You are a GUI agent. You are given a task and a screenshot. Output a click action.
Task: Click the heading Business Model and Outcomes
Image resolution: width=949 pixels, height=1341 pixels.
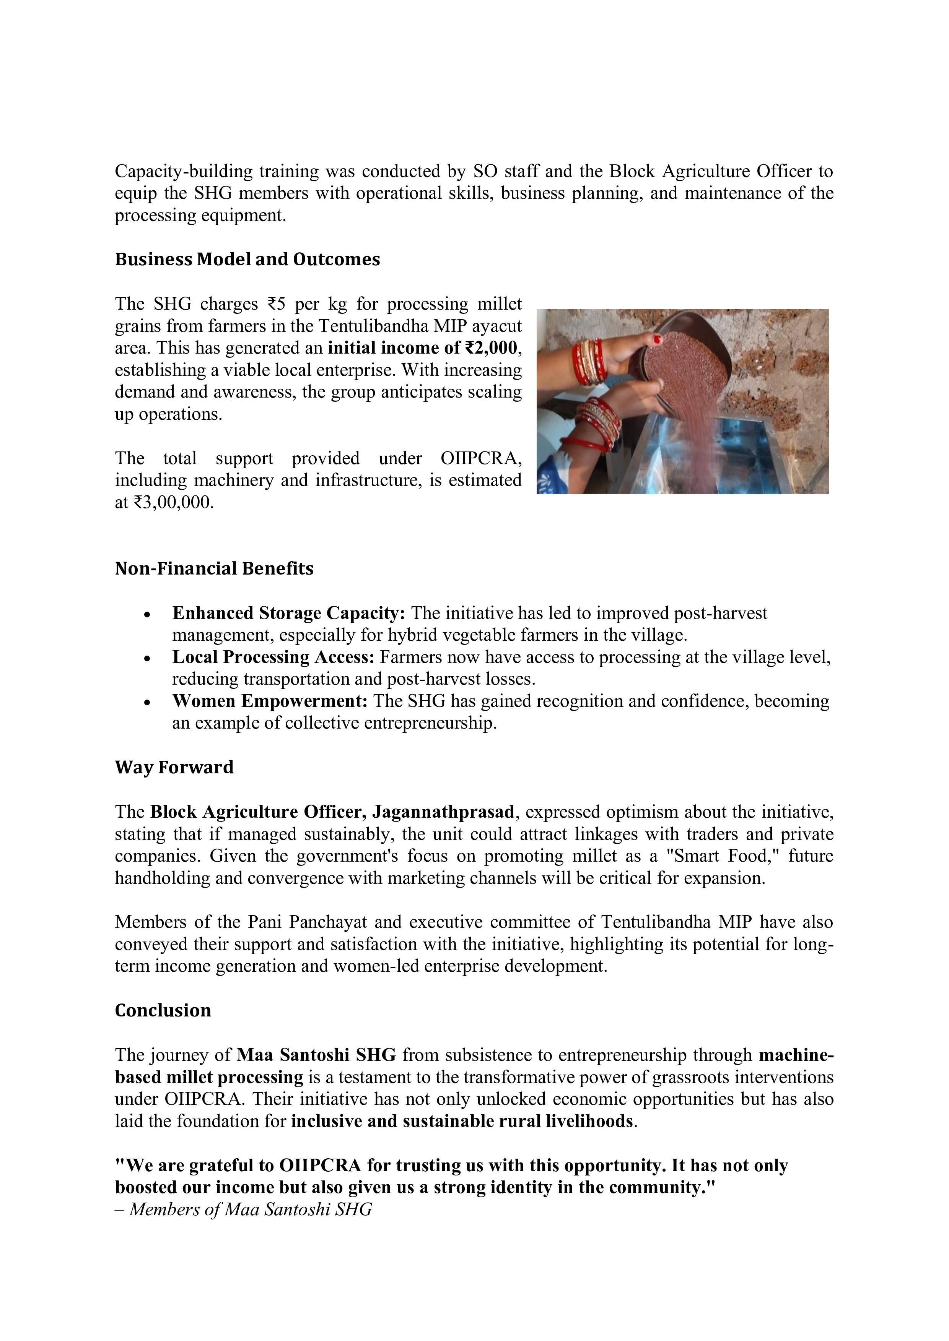pos(247,259)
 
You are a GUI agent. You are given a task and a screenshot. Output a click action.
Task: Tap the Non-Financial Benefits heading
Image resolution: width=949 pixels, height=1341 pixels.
pos(214,569)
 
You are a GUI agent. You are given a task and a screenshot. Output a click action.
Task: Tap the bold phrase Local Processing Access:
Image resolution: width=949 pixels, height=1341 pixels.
pos(273,657)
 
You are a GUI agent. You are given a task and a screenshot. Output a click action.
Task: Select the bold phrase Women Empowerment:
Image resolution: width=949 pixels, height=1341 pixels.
pos(269,701)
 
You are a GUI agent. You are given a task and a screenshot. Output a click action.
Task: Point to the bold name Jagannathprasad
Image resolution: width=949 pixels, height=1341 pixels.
pos(444,812)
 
